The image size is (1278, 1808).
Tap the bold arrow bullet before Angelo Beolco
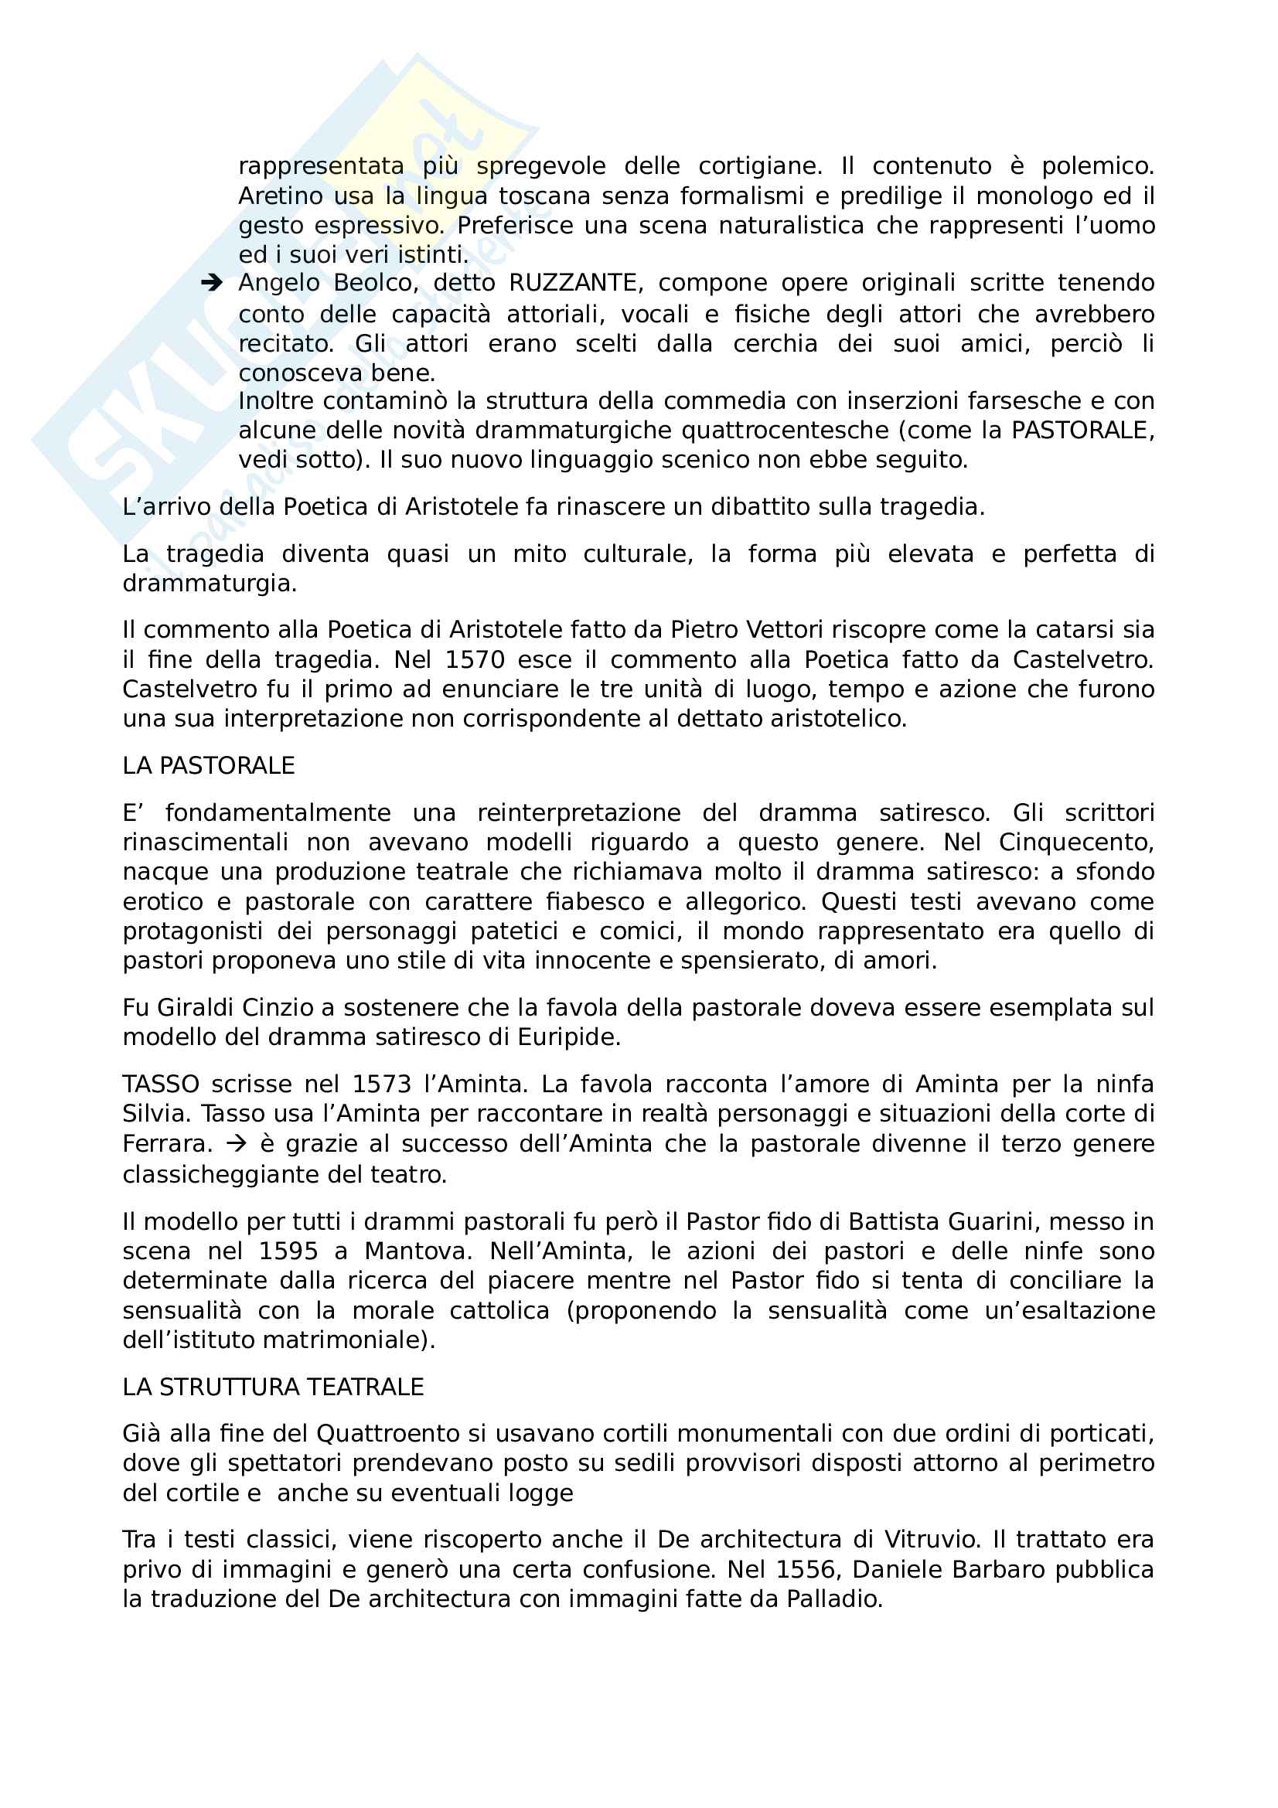212,283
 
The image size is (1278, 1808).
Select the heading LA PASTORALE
209,765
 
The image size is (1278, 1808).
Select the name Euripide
568,1037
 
